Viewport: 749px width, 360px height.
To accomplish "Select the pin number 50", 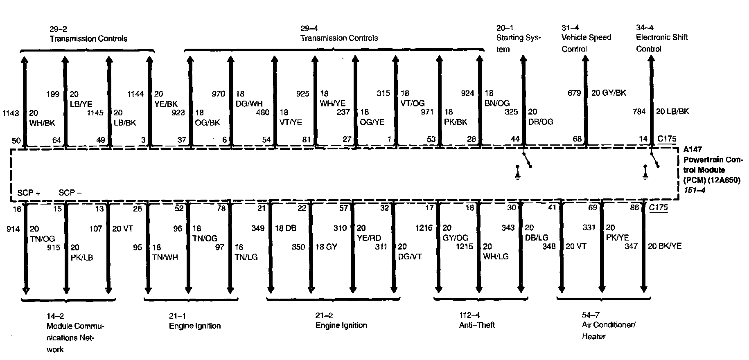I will tap(16, 141).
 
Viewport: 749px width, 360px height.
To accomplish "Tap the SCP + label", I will tap(29, 193).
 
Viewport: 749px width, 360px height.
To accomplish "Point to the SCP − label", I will tap(70, 193).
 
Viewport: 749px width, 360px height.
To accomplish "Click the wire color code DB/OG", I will tap(540, 122).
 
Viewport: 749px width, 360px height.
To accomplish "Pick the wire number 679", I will tap(574, 93).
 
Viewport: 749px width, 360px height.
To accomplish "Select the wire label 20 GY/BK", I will tap(609, 93).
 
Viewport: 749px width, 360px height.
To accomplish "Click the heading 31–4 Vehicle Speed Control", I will tap(586, 38).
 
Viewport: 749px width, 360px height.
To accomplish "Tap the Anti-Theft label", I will tap(477, 325).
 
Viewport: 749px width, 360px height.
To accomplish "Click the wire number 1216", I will tap(424, 227).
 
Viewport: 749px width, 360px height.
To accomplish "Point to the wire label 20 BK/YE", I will tap(665, 246).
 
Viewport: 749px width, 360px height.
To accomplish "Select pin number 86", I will tap(634, 207).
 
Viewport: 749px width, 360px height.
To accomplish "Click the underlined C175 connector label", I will tap(658, 207).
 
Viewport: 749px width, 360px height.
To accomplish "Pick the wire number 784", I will tap(639, 111).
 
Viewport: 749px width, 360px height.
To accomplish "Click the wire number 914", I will tap(13, 229).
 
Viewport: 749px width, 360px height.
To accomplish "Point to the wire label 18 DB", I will tap(285, 228).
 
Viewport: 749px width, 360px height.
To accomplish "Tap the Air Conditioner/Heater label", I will tap(609, 331).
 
